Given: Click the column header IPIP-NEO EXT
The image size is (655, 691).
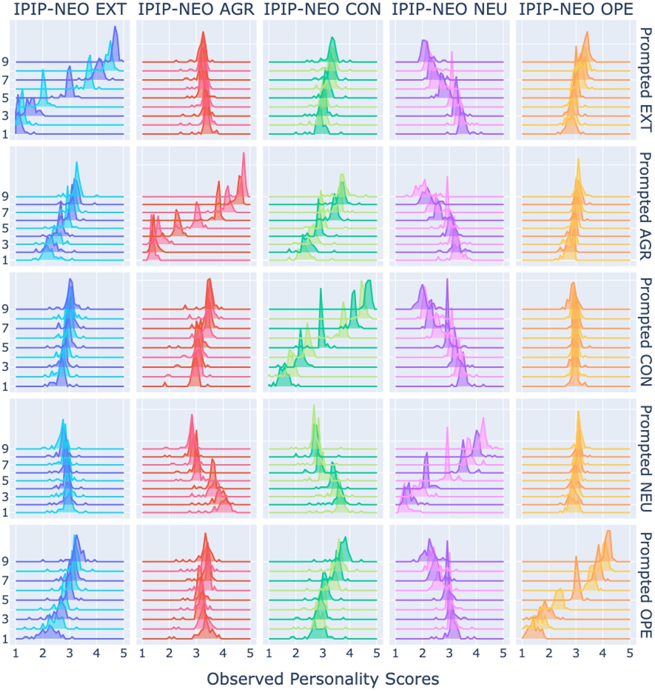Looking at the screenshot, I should pyautogui.click(x=70, y=9).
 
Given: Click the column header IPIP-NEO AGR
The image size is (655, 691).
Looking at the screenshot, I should pyautogui.click(x=196, y=9).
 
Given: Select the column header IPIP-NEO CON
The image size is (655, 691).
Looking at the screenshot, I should pyautogui.click(x=322, y=9).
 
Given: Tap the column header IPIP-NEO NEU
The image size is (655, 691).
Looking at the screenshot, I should pyautogui.click(x=449, y=9).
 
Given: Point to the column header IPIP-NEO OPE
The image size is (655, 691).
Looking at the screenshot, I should pyautogui.click(x=576, y=9).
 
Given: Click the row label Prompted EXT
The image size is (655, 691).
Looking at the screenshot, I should pyautogui.click(x=646, y=80).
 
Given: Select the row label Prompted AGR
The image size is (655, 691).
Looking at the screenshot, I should pyautogui.click(x=646, y=206).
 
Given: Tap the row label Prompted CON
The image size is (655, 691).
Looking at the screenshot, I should pyautogui.click(x=646, y=332).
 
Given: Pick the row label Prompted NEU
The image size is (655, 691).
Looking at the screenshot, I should pyautogui.click(x=646, y=459).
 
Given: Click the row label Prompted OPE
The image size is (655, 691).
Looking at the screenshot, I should pyautogui.click(x=646, y=584).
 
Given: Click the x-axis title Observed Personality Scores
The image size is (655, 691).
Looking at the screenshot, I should pyautogui.click(x=323, y=679).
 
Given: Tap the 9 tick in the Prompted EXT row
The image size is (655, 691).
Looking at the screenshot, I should pyautogui.click(x=5, y=62).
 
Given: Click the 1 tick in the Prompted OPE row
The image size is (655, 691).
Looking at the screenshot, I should pyautogui.click(x=5, y=639).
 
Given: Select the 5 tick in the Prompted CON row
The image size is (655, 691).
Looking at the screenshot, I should pyautogui.click(x=5, y=347).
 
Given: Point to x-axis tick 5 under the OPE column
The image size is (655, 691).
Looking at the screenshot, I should pyautogui.click(x=630, y=653).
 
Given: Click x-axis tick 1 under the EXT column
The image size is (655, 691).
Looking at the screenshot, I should pyautogui.click(x=16, y=653).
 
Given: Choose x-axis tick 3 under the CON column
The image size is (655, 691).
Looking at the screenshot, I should pyautogui.click(x=323, y=653).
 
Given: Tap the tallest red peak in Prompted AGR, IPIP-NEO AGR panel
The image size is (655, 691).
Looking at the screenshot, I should pyautogui.click(x=244, y=154).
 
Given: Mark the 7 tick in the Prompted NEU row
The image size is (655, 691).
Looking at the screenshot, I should pyautogui.click(x=5, y=465).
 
